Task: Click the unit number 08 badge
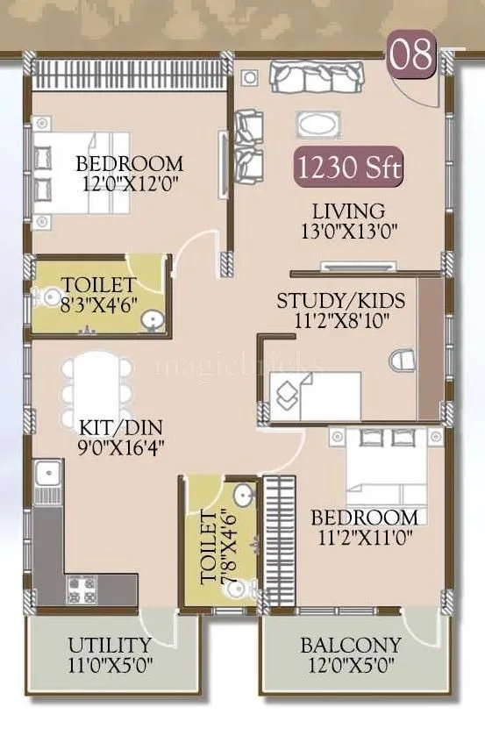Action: pyautogui.click(x=412, y=55)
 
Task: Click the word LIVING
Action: pyautogui.click(x=348, y=211)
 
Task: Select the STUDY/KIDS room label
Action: pyautogui.click(x=341, y=301)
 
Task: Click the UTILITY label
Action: pyautogui.click(x=110, y=646)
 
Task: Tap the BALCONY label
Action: pyautogui.click(x=351, y=646)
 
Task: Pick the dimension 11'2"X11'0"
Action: pyautogui.click(x=364, y=536)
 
